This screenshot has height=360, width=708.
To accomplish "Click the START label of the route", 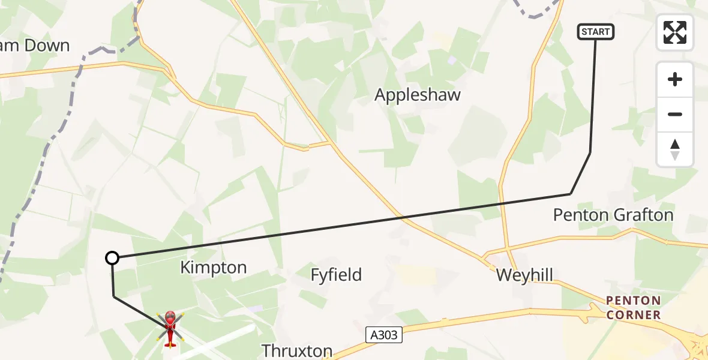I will pyautogui.click(x=596, y=32).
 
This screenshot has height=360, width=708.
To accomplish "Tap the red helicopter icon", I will pyautogui.click(x=170, y=328).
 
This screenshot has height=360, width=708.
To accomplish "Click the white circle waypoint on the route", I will pyautogui.click(x=112, y=258).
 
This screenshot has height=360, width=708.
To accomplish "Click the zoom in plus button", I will pyautogui.click(x=675, y=79).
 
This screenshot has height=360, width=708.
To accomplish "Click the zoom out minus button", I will pyautogui.click(x=675, y=114).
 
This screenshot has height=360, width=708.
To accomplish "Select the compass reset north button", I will pyautogui.click(x=675, y=149).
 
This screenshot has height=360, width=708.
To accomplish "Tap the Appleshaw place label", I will pyautogui.click(x=418, y=95).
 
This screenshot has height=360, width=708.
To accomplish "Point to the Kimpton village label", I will pyautogui.click(x=214, y=268).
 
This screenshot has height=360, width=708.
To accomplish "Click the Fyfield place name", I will pyautogui.click(x=336, y=275).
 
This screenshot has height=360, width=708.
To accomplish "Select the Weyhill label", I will pyautogui.click(x=524, y=275).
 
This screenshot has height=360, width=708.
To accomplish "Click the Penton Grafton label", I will pyautogui.click(x=613, y=215).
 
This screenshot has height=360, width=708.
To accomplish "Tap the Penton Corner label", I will pyautogui.click(x=633, y=307).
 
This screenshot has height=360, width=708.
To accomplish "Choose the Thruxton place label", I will pyautogui.click(x=297, y=350).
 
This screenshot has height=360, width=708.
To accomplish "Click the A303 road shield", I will pyautogui.click(x=384, y=335).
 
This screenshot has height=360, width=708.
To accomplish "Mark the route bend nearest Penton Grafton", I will pyautogui.click(x=571, y=194).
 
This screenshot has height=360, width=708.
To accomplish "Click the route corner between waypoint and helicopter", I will pyautogui.click(x=113, y=296).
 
